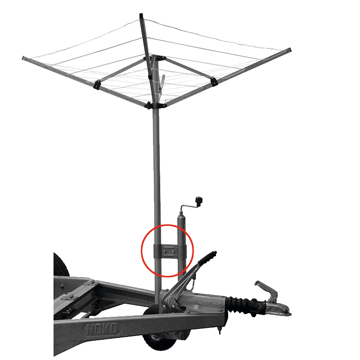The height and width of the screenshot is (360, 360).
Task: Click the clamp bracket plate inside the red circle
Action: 170,252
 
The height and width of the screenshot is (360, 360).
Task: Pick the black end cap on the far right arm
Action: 290,49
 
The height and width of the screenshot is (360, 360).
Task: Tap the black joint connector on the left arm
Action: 97,84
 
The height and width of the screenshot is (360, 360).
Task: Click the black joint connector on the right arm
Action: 214,82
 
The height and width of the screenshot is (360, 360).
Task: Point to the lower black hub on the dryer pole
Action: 156,106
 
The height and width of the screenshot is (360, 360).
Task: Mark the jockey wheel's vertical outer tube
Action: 181,248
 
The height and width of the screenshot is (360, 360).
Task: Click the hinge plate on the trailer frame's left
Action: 68,297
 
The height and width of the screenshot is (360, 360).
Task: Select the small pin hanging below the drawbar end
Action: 220,331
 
